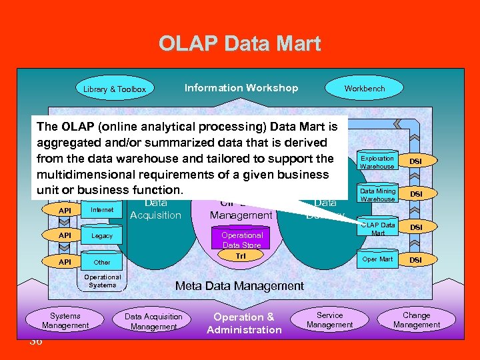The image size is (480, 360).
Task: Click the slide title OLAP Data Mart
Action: [239, 44]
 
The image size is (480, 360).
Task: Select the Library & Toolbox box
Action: [115, 89]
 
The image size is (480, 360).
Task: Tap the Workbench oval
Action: [364, 88]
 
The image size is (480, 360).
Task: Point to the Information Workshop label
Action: [241, 88]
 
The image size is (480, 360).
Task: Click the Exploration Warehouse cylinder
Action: [377, 162]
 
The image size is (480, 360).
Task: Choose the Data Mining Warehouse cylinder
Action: [377, 195]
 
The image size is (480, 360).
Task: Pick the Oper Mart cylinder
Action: [377, 259]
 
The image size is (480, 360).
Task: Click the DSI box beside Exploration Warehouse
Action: [415, 161]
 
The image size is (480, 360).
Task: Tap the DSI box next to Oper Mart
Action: [415, 259]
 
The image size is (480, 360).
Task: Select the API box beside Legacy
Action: [65, 236]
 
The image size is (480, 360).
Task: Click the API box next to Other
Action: [65, 262]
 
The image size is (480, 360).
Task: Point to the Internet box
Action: [102, 210]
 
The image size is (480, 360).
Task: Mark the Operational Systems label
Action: [102, 281]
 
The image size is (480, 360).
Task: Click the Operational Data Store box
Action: [242, 240]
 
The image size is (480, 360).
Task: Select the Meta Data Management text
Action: [239, 286]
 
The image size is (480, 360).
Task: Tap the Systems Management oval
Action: [65, 321]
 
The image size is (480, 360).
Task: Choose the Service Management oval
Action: [329, 320]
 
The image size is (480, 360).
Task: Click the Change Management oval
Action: [416, 320]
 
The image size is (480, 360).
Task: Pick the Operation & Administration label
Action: [244, 323]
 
